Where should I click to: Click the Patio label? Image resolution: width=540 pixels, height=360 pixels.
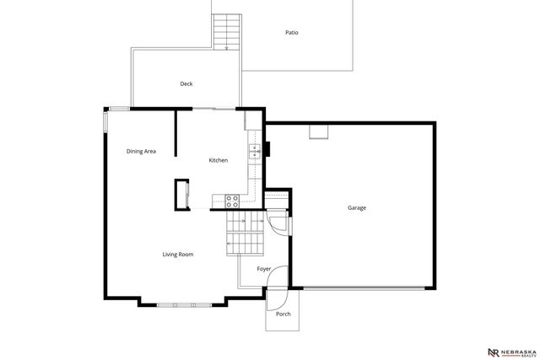(x=291, y=33)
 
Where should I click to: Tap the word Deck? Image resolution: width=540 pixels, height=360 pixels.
(x=186, y=83)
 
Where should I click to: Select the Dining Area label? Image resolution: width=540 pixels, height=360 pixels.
(x=141, y=152)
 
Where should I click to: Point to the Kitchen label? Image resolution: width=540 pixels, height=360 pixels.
(x=219, y=160)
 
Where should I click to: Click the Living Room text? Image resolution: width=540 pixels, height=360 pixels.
(x=178, y=254)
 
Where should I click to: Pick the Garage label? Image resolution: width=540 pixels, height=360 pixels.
(x=357, y=207)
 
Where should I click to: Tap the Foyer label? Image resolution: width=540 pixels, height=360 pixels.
(x=264, y=269)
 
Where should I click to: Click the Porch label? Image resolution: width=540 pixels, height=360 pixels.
(x=283, y=314)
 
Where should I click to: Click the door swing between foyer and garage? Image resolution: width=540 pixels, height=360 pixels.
(x=279, y=224)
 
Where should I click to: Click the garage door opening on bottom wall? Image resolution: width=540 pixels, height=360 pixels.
(x=364, y=289)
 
